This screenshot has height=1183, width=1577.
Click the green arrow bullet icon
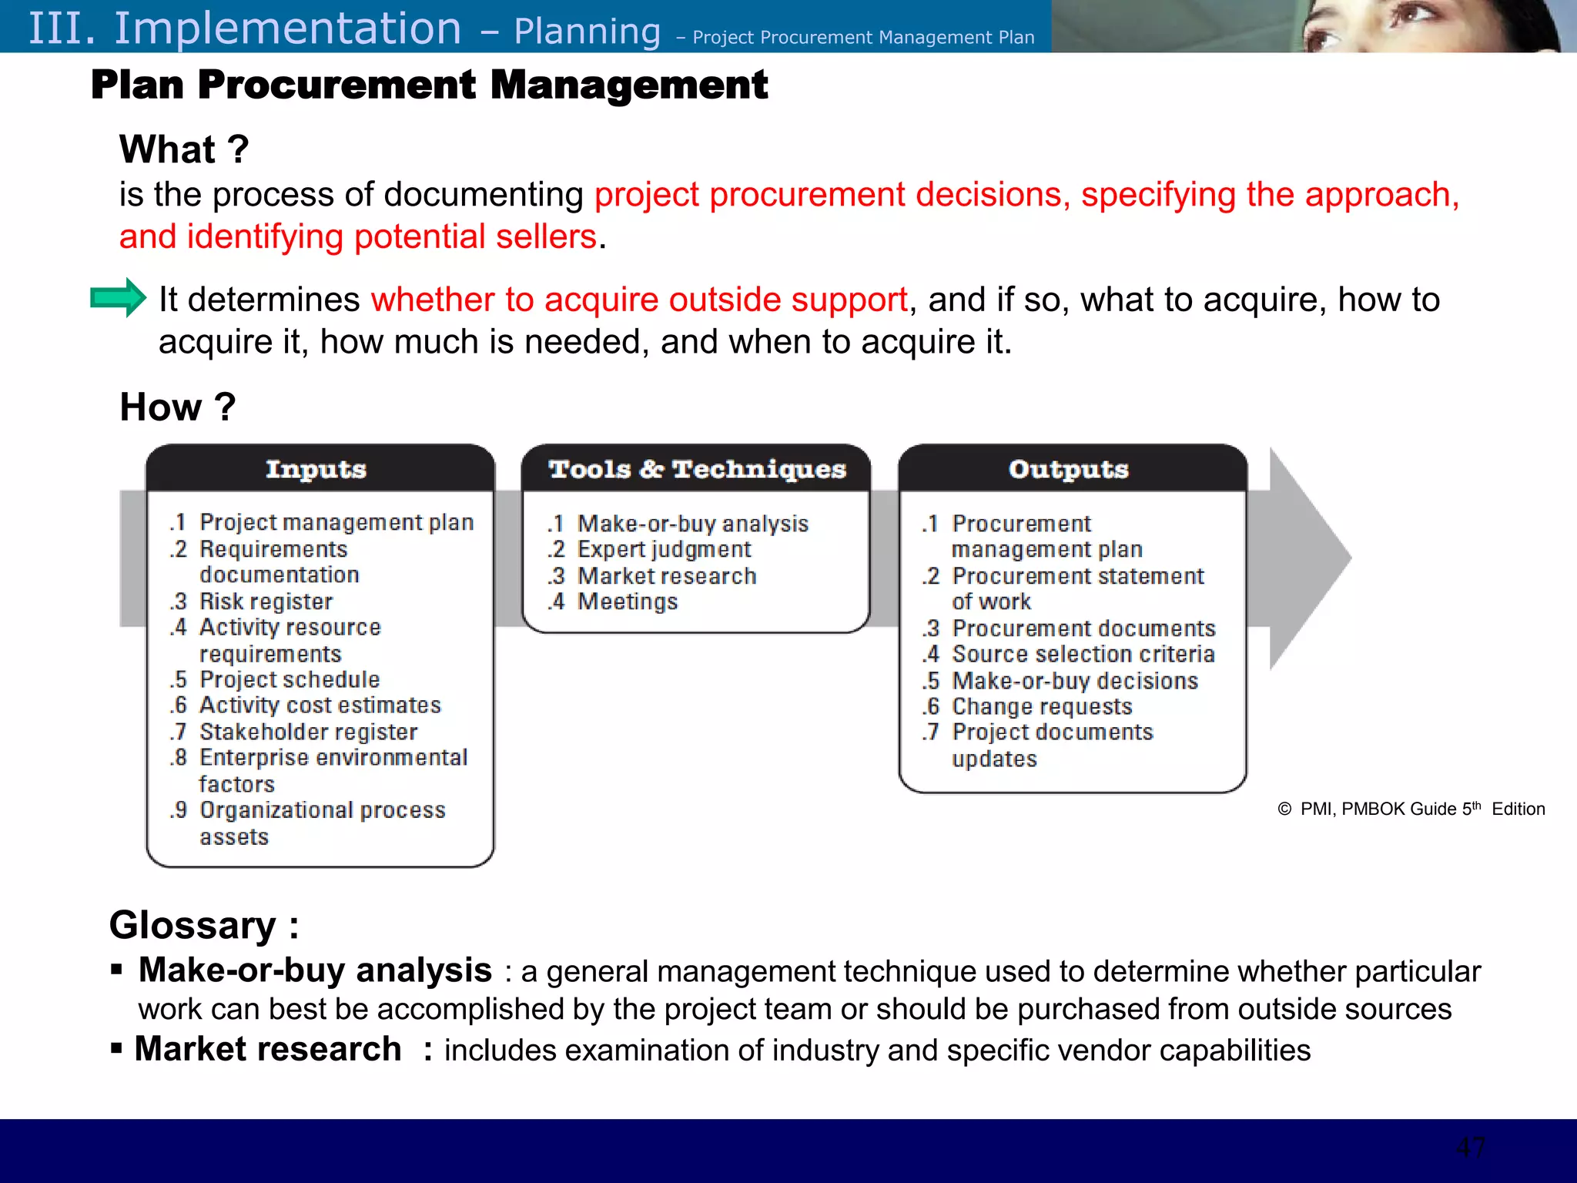[x=118, y=297]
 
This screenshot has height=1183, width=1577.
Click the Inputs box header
[x=316, y=469]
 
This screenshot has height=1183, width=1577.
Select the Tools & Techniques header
[x=697, y=469]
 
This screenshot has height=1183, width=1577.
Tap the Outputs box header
[x=1069, y=469]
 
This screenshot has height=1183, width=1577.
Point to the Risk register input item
[x=266, y=602]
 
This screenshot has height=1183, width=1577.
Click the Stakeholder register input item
[x=308, y=732]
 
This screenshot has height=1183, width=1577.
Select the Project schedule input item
[x=290, y=679]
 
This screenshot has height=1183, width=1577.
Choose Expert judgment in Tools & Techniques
[x=664, y=550]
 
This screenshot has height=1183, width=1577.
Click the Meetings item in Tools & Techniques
[x=628, y=602]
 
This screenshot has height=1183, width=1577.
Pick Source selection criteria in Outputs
[x=1083, y=655]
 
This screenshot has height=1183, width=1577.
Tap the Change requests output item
[x=1042, y=706]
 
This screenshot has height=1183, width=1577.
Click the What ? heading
[x=184, y=149]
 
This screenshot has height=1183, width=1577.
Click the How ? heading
[x=178, y=407]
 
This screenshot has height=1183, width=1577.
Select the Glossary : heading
[x=204, y=925]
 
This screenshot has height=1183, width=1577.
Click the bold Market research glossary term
[x=268, y=1049]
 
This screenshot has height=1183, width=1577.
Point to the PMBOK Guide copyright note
[x=1411, y=809]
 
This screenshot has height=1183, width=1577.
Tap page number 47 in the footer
[x=1470, y=1148]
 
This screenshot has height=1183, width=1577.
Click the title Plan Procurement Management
[x=429, y=85]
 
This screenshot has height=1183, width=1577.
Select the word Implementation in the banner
[x=288, y=28]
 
